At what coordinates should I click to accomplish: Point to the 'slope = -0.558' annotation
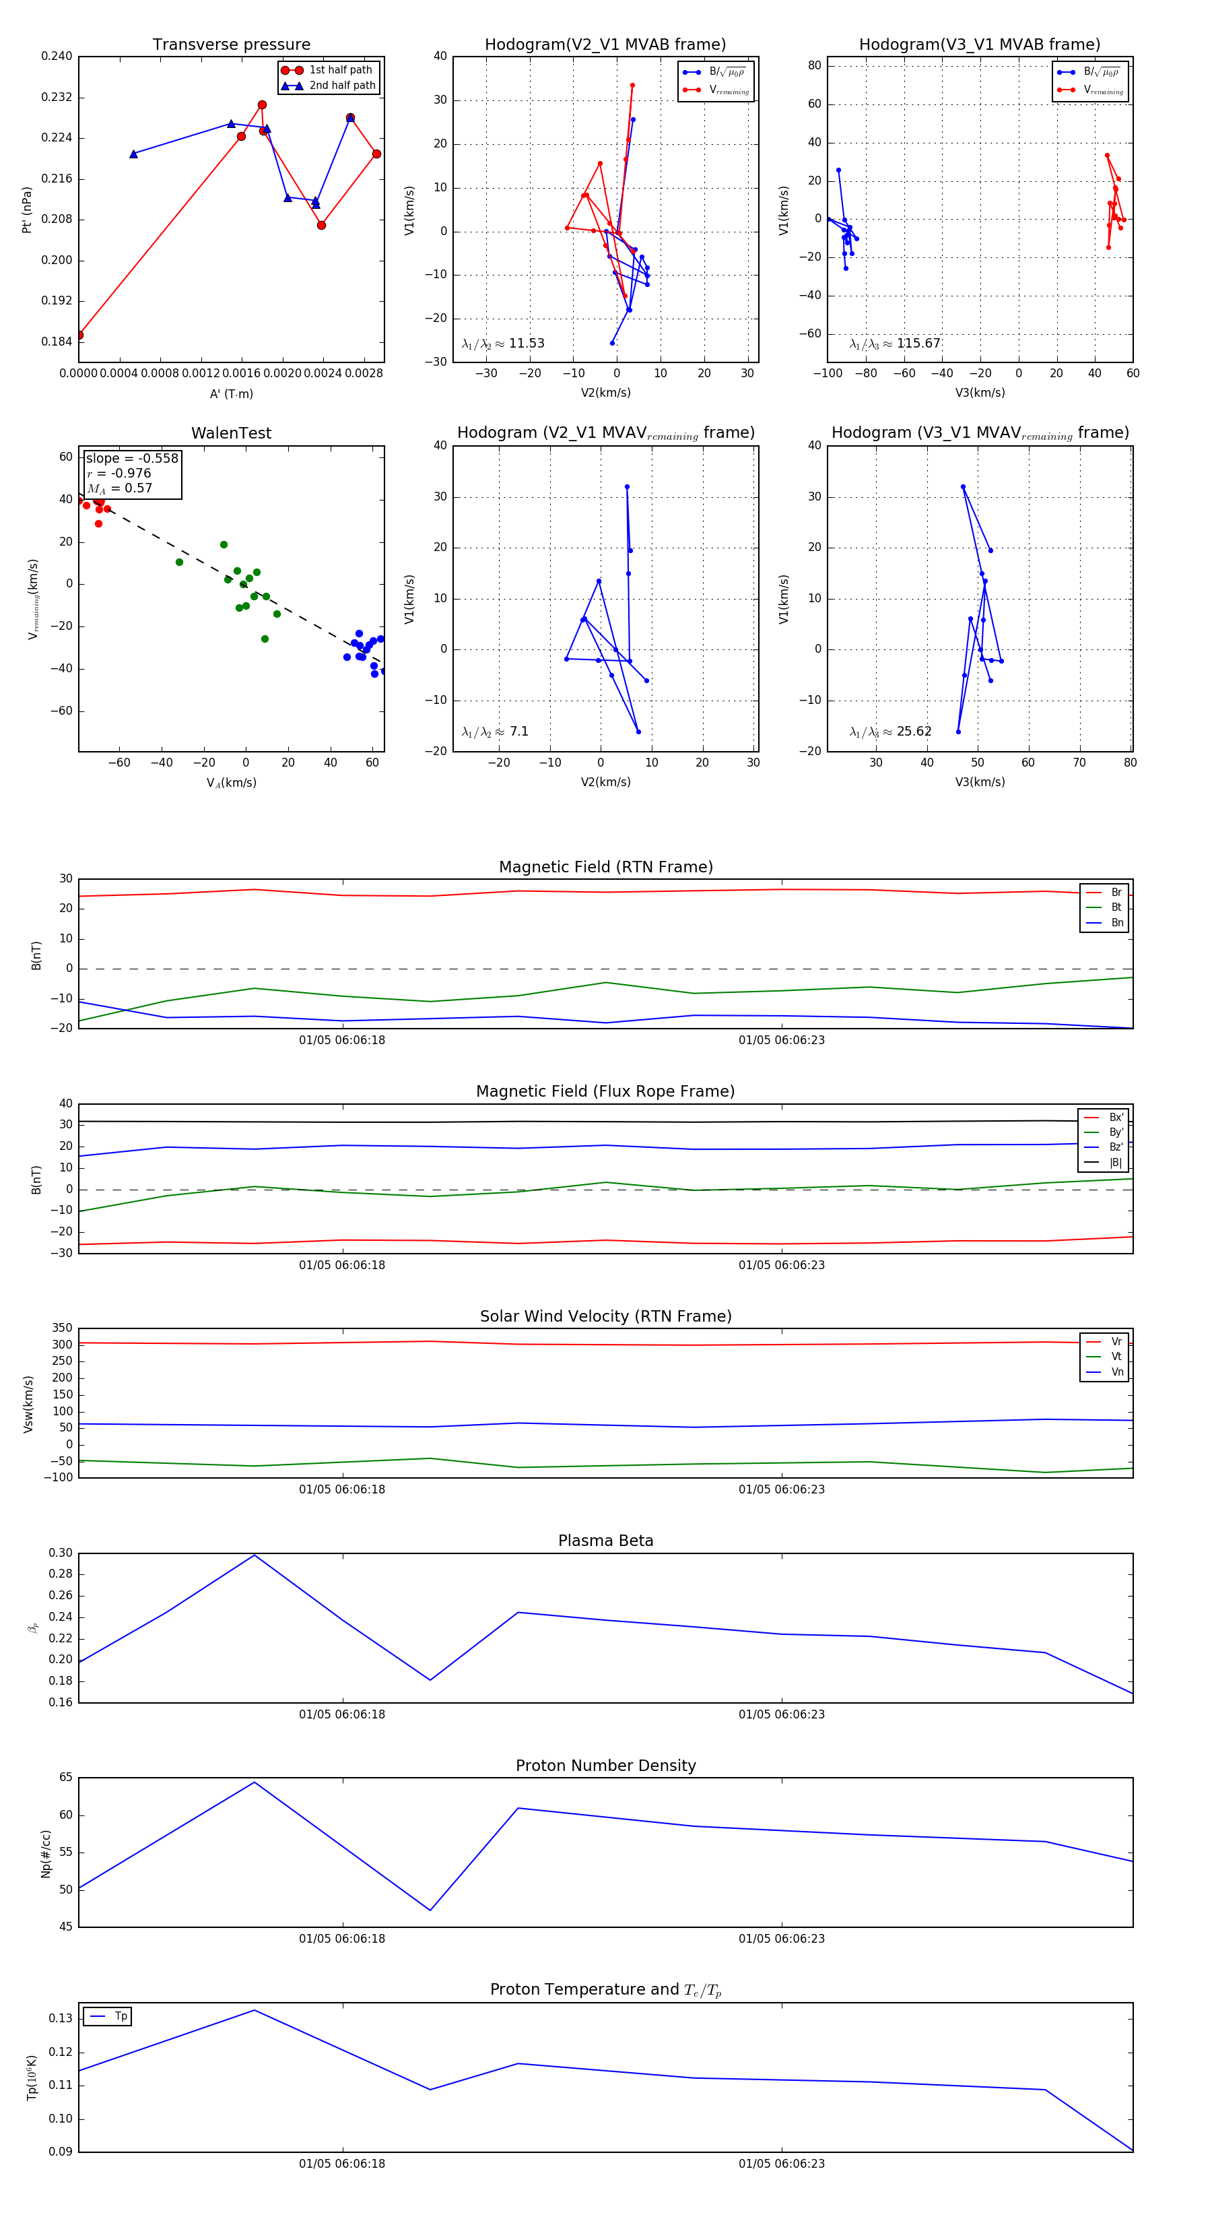pyautogui.click(x=132, y=458)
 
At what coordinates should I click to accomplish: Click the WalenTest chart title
pyautogui.click(x=231, y=433)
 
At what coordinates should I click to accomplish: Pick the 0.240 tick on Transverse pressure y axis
pyautogui.click(x=57, y=56)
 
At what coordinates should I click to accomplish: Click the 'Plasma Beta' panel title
pyautogui.click(x=605, y=1541)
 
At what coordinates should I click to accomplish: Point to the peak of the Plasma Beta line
pyautogui.click(x=254, y=1555)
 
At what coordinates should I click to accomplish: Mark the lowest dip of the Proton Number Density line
pyautogui.click(x=430, y=1910)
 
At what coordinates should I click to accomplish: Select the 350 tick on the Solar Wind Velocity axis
pyautogui.click(x=62, y=1328)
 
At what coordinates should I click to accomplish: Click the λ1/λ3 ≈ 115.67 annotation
pyautogui.click(x=895, y=344)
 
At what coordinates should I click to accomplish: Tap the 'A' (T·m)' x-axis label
pyautogui.click(x=231, y=393)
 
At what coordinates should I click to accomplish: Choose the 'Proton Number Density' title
pyautogui.click(x=605, y=1766)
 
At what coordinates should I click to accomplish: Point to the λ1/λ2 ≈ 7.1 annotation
pyautogui.click(x=495, y=732)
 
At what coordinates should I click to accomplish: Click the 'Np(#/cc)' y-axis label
pyautogui.click(x=46, y=1854)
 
